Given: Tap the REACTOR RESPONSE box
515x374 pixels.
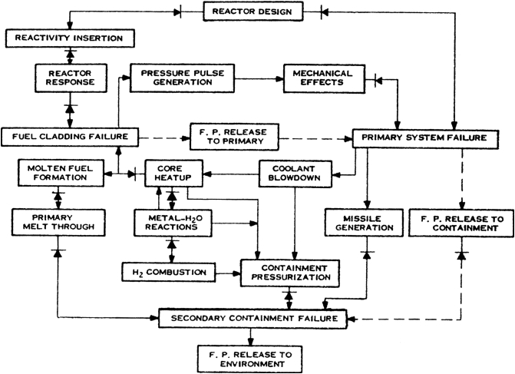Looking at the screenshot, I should coord(69,78).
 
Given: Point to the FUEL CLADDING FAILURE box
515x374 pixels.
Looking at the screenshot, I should coord(69,137).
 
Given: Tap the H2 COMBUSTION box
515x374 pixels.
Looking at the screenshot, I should coord(167,271).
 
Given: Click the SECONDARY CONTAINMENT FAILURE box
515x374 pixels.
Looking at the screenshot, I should coord(252,317).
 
